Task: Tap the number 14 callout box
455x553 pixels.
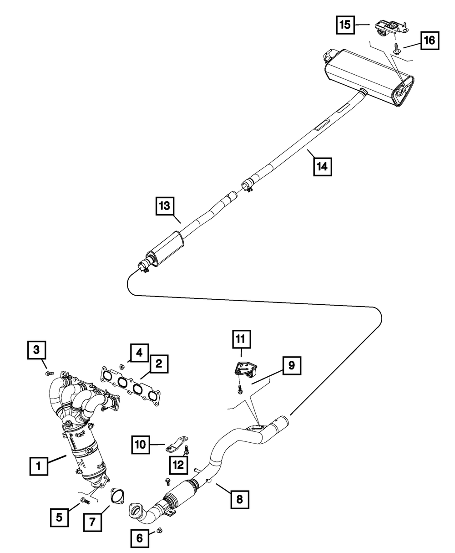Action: [322, 167]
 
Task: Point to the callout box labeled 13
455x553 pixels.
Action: [164, 206]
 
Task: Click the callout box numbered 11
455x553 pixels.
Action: [240, 339]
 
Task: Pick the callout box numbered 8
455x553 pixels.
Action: [239, 500]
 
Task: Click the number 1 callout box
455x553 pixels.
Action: [39, 466]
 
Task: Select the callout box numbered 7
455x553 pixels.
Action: [93, 522]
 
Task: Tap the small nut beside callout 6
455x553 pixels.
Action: [160, 531]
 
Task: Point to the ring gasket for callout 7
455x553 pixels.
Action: [117, 496]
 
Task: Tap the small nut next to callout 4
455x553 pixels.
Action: [121, 366]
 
